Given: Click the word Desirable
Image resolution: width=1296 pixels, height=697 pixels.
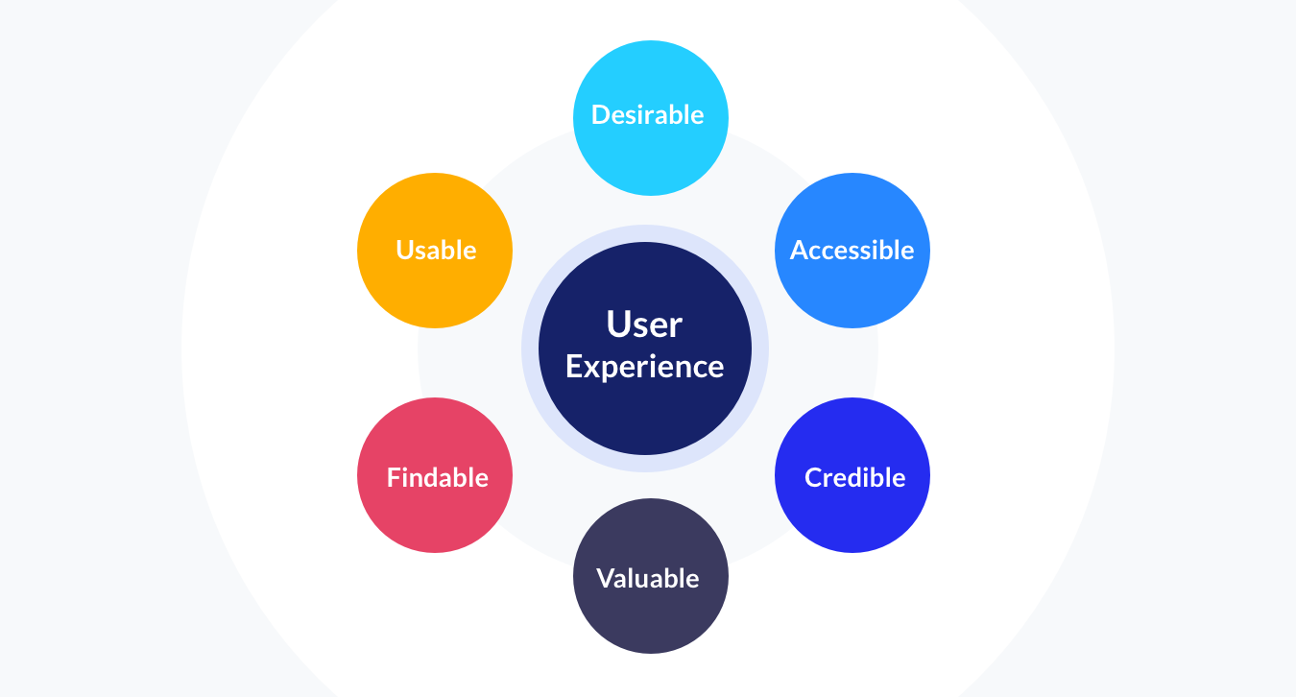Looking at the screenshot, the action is pyautogui.click(x=648, y=115).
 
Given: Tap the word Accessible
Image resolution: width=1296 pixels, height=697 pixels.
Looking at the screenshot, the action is pyautogui.click(x=852, y=251).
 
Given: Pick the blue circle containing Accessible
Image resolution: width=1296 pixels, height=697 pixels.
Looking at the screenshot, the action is pyautogui.click(x=852, y=293).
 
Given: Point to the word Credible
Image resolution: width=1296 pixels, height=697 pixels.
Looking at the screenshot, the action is pyautogui.click(x=854, y=477).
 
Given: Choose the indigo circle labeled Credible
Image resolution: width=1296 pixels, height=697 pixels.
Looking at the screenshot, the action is pyautogui.click(x=852, y=518).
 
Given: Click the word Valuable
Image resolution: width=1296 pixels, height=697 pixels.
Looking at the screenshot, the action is pyautogui.click(x=648, y=578).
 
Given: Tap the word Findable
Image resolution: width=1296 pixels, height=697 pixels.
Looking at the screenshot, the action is pyautogui.click(x=437, y=477).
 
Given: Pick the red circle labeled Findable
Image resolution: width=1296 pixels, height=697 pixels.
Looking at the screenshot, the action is pyautogui.click(x=435, y=518).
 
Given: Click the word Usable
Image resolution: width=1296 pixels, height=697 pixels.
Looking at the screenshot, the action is pyautogui.click(x=436, y=251).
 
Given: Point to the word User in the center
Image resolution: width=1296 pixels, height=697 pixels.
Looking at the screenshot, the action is pyautogui.click(x=644, y=324).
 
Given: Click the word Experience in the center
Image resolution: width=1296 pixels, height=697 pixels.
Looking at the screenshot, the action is pyautogui.click(x=644, y=367).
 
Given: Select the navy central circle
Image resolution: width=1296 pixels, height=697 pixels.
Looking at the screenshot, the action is pyautogui.click(x=645, y=413).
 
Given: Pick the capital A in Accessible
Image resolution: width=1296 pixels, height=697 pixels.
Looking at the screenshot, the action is pyautogui.click(x=799, y=251).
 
